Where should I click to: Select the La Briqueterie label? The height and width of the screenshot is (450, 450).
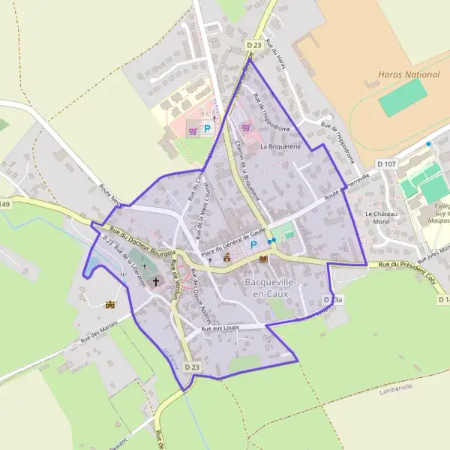coord(280,148)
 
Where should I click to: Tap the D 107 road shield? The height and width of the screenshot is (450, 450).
coord(386,163)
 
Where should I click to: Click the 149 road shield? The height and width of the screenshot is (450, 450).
coord(5,204)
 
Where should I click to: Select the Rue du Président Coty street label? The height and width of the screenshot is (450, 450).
coord(406,265)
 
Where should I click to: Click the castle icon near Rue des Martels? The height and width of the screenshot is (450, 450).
coord(112,304)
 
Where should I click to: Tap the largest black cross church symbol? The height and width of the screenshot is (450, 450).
coord(157,282)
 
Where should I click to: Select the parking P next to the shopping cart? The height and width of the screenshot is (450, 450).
coord(207,129)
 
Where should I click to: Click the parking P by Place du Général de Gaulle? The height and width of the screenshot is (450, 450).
coord(253,244)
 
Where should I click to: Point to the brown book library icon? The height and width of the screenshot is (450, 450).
coord(263,259)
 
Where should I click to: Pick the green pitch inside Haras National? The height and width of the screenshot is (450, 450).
coord(402,98)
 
